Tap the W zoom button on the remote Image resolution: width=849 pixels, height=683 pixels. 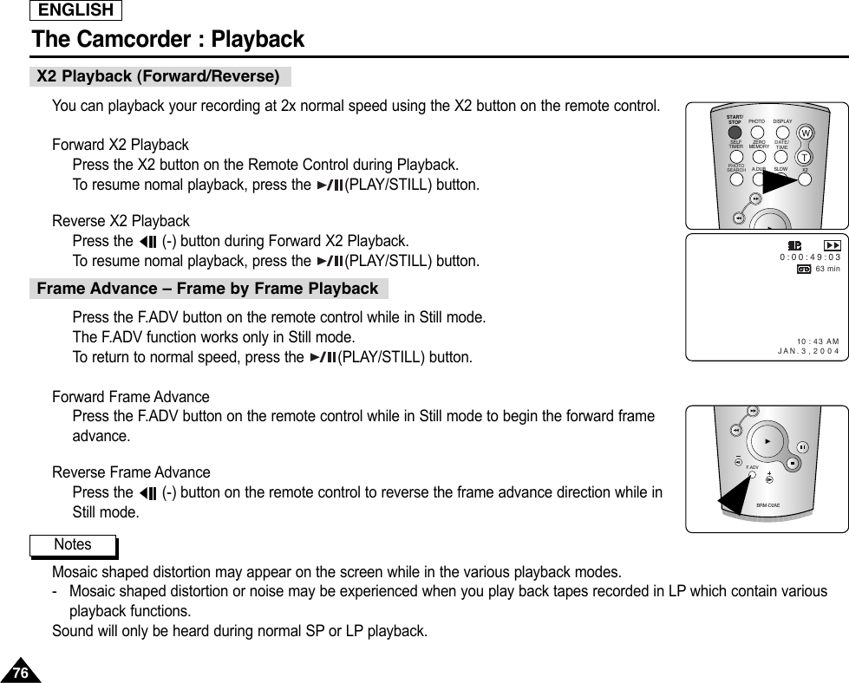click(x=806, y=133)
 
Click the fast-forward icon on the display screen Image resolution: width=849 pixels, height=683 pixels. click(x=831, y=245)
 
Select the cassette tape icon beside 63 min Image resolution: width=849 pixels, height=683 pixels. click(x=804, y=270)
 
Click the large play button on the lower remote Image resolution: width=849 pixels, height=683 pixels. click(x=766, y=441)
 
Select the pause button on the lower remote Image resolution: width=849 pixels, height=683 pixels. click(x=802, y=447)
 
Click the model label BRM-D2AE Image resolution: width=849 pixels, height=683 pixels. click(x=767, y=504)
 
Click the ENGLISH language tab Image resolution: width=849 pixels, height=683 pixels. click(x=75, y=10)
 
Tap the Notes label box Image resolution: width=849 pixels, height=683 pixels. click(x=73, y=544)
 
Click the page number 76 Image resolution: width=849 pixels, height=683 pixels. click(x=19, y=673)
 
